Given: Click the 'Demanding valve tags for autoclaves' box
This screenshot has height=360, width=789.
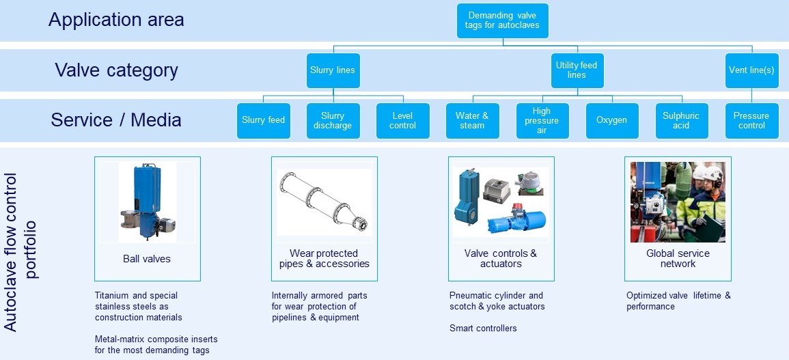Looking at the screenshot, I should pyautogui.click(x=503, y=20).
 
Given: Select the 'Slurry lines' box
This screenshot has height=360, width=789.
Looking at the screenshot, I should pyautogui.click(x=333, y=70).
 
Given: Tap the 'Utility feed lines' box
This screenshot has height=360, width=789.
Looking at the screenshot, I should pyautogui.click(x=577, y=70).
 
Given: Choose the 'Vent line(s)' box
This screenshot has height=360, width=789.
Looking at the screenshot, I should pyautogui.click(x=751, y=70).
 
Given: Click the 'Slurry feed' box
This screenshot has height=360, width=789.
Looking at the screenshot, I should pyautogui.click(x=263, y=120).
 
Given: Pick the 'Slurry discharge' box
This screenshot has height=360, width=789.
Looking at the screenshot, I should pyautogui.click(x=333, y=120).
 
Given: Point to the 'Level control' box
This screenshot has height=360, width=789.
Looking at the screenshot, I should pyautogui.click(x=402, y=120).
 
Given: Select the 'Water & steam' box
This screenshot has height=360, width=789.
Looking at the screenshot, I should pyautogui.click(x=472, y=120).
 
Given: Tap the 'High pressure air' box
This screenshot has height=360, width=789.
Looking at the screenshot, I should pyautogui.click(x=542, y=120).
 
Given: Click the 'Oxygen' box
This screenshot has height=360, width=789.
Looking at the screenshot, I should pyautogui.click(x=611, y=120).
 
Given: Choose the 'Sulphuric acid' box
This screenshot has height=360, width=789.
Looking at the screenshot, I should pyautogui.click(x=681, y=120).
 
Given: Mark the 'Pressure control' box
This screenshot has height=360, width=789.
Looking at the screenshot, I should pyautogui.click(x=751, y=120).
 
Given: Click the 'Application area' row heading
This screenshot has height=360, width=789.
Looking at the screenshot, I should pyautogui.click(x=116, y=20).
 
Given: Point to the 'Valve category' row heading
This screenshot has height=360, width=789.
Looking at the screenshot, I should pyautogui.click(x=116, y=70).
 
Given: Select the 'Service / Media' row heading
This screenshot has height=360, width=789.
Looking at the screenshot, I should pyautogui.click(x=116, y=120).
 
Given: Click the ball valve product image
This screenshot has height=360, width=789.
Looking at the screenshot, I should pyautogui.click(x=147, y=202).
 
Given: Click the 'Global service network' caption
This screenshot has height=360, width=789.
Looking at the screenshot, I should pyautogui.click(x=678, y=258).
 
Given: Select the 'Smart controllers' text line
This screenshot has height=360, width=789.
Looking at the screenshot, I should pyautogui.click(x=483, y=329).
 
